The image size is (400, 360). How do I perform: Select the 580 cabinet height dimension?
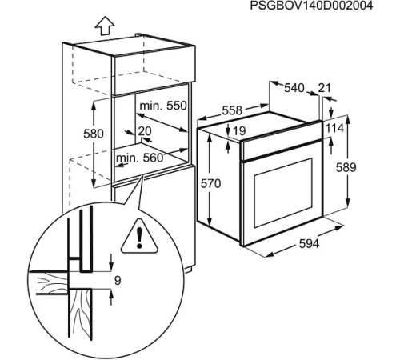pos(94,134)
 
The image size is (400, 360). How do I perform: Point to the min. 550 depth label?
pos(162,105)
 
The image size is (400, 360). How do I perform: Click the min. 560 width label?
pos(139,158)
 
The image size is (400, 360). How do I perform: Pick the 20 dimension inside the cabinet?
pos(145,130)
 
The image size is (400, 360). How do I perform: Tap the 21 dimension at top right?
pos(324,87)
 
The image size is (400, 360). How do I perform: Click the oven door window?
pos(283,193)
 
